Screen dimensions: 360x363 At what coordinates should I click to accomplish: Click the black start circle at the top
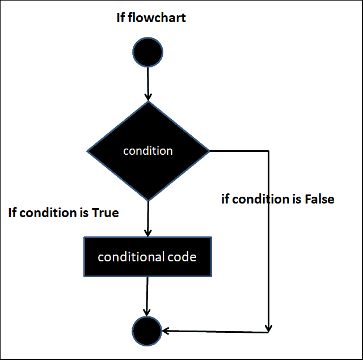[148, 52]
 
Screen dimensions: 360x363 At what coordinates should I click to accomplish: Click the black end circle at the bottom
[147, 330]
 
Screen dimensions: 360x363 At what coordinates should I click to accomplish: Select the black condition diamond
[148, 151]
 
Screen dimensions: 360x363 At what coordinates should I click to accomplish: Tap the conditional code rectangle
[147, 257]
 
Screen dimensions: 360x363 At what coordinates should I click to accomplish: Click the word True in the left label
[106, 213]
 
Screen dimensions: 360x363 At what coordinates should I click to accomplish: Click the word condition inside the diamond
[148, 151]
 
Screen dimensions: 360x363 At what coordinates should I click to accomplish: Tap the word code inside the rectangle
[182, 257]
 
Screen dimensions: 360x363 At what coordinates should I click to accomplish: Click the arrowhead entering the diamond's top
[148, 97]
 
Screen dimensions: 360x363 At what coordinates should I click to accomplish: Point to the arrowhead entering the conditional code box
[147, 232]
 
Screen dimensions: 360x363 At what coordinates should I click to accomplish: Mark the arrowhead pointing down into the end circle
[147, 312]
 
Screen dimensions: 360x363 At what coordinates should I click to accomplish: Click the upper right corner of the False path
[268, 151]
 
